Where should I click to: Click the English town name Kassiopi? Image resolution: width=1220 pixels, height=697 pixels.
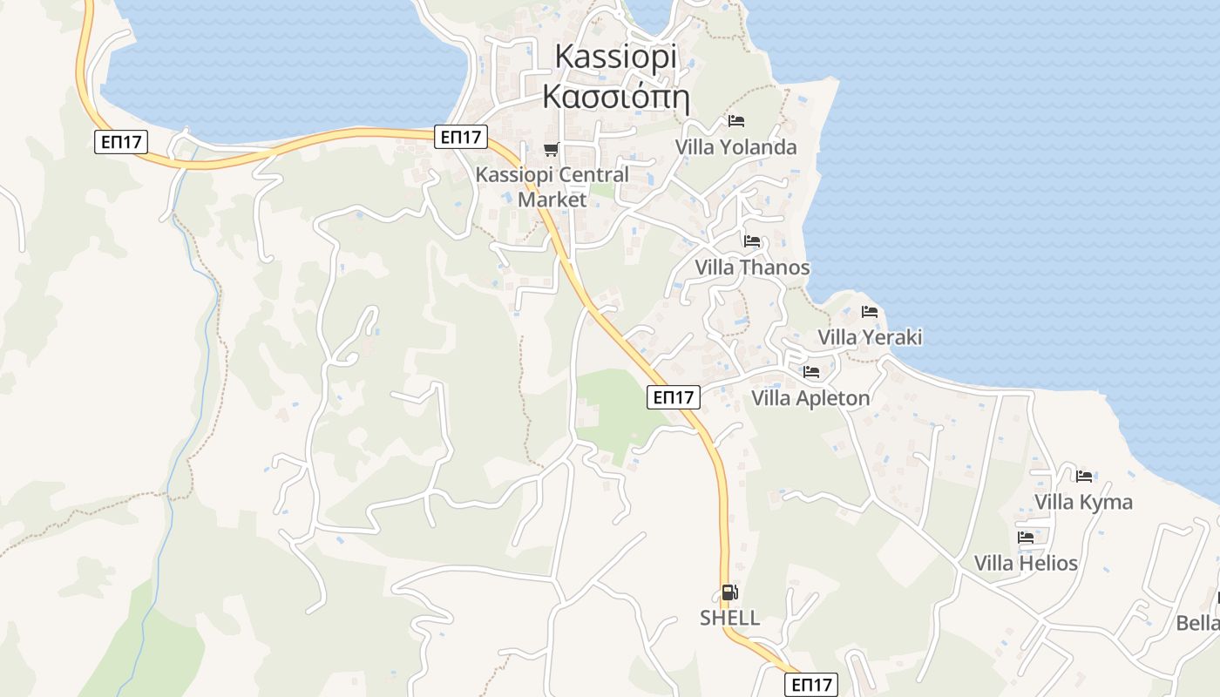[x=615, y=57]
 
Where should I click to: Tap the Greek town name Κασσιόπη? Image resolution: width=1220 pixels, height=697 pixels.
[x=615, y=96]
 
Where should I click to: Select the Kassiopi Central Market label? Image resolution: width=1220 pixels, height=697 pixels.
[x=552, y=186]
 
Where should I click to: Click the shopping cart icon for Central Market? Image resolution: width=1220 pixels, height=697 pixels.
[x=551, y=149]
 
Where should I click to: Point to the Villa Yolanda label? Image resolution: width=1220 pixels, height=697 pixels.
[x=735, y=147]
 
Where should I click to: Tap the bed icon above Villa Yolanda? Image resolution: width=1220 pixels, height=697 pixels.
[x=736, y=120]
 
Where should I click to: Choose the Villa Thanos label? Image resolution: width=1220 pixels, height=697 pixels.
[x=752, y=267]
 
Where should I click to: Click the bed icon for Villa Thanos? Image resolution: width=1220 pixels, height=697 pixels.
[x=752, y=241]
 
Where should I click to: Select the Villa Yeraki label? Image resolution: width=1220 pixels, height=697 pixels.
[x=869, y=337]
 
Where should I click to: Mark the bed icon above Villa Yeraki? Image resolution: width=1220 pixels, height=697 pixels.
[x=869, y=311]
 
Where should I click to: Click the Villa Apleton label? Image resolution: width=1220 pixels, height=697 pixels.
[x=810, y=399]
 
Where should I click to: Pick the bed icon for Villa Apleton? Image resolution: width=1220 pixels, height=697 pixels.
[x=811, y=372]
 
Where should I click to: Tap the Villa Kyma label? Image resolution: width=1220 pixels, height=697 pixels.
[x=1083, y=502]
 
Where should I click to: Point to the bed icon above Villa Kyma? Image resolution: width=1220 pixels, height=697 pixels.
[x=1084, y=476]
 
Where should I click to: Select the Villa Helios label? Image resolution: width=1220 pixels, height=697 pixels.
[x=1026, y=563]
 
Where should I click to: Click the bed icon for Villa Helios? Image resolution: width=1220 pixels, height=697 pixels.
[x=1026, y=538]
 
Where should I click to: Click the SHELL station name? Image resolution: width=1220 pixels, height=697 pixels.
[x=729, y=619]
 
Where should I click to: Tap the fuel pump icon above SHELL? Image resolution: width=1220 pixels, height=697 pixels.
[x=729, y=593]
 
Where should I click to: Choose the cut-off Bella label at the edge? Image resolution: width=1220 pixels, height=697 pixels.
[x=1197, y=623]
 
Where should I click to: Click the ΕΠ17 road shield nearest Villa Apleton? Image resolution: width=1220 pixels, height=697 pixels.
[x=674, y=397]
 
